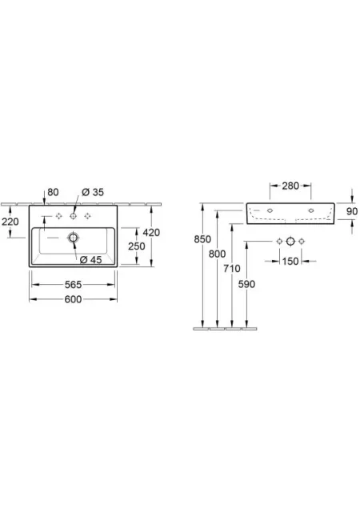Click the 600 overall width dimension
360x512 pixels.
coord(73,299)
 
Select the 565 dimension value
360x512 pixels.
coord(73,285)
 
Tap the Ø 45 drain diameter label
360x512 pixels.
coord(91,259)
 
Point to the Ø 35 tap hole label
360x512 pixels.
coord(93,192)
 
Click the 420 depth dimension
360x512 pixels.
coord(151,233)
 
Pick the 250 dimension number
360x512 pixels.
coord(137,246)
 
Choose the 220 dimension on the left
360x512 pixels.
coord(10,222)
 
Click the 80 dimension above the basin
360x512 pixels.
coord(54,192)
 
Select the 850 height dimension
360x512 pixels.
coord(202,239)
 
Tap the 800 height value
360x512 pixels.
coord(218,254)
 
